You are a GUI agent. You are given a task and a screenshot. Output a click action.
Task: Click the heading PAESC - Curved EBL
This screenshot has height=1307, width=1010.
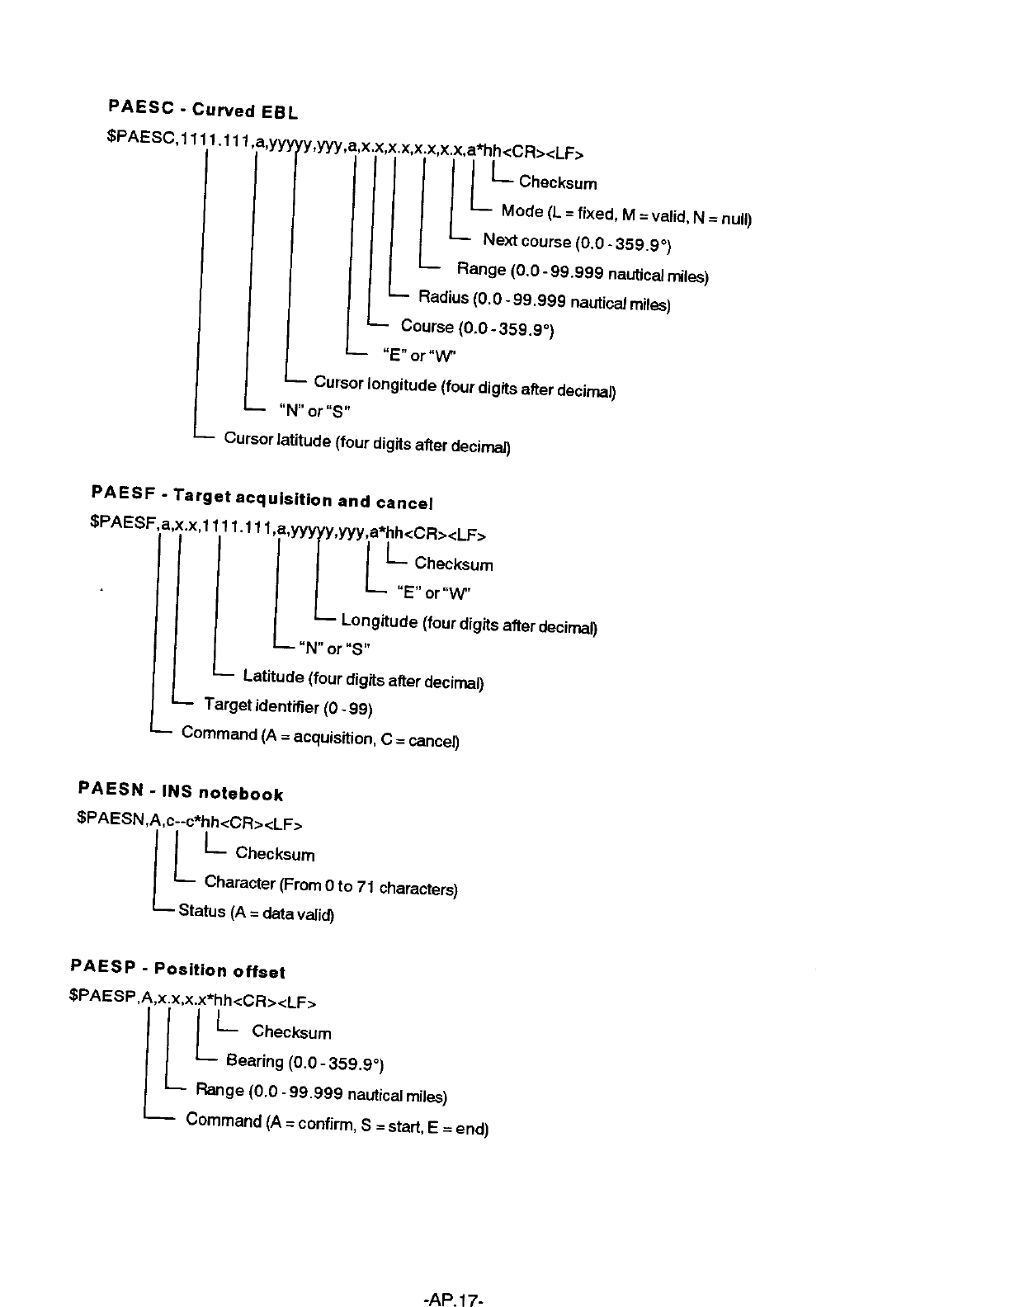coord(203,109)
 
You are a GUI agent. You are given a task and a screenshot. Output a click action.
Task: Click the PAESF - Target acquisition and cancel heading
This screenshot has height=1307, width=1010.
coord(262,498)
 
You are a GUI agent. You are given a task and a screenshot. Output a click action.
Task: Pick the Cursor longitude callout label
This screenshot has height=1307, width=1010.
coord(465,386)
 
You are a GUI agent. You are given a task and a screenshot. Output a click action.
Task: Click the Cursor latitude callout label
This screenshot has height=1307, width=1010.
coord(367,442)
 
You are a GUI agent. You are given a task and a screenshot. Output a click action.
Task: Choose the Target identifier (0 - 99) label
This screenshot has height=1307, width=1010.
coord(288,706)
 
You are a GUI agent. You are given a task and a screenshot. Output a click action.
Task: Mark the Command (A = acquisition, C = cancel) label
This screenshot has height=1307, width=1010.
coord(320,736)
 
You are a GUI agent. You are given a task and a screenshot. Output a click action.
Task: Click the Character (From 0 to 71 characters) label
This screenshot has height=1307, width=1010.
coord(331,885)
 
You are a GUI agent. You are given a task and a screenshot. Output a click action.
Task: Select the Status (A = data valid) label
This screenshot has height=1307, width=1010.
coord(256,913)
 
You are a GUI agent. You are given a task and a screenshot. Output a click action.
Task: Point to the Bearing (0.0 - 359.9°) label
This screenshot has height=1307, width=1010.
coord(305,1062)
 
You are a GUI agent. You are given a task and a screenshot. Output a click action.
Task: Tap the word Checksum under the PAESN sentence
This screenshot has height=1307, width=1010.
coord(275,853)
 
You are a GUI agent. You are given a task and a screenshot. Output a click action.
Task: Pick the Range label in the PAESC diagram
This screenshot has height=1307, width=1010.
coord(583,271)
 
